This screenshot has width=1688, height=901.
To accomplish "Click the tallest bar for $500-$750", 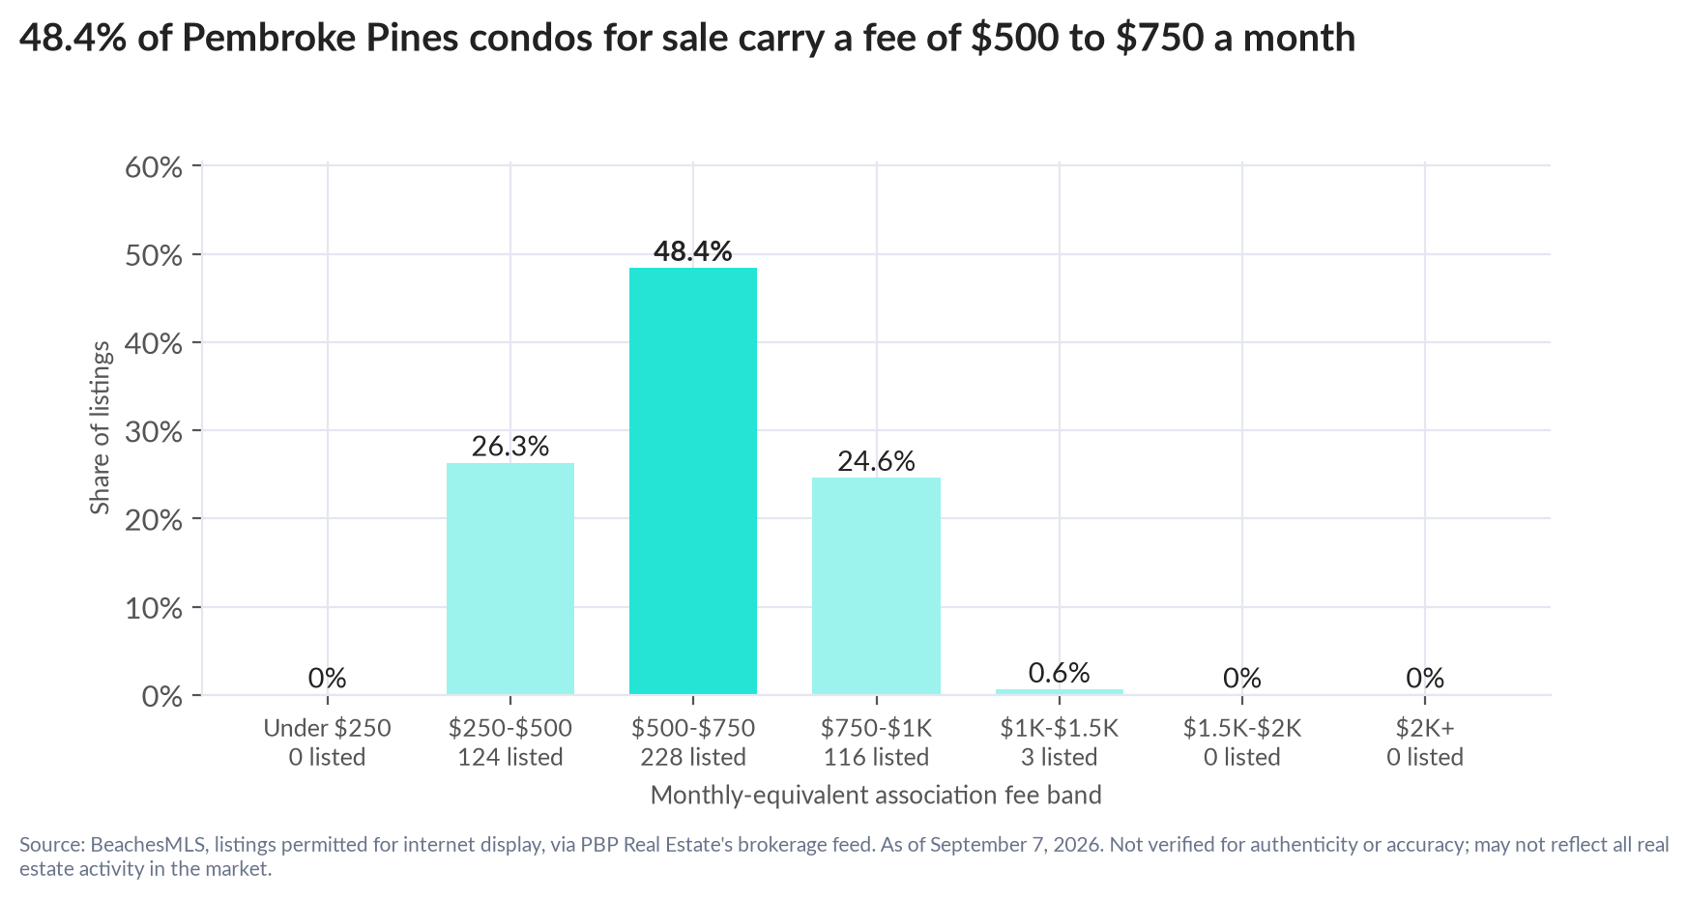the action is pyautogui.click(x=692, y=481).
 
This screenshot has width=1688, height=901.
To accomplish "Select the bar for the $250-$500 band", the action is pyautogui.click(x=510, y=579).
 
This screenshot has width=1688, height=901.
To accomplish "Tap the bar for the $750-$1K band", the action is pyautogui.click(x=876, y=586).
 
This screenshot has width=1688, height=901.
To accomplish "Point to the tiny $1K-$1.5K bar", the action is pyautogui.click(x=1060, y=692).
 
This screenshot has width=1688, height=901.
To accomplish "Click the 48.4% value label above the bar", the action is pyautogui.click(x=692, y=251).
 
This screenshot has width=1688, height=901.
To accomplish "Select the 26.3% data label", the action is pyautogui.click(x=510, y=446).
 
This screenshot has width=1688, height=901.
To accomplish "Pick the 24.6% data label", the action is pyautogui.click(x=876, y=461).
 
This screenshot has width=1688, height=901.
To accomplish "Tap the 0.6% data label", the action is pyautogui.click(x=1060, y=673).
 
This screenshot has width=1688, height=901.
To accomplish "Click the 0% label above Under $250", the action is pyautogui.click(x=328, y=678).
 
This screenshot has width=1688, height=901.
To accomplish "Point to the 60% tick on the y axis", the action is pyautogui.click(x=154, y=167).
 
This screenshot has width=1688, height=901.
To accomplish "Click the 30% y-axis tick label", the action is pyautogui.click(x=154, y=431).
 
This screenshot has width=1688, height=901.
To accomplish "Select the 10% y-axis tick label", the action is pyautogui.click(x=154, y=608).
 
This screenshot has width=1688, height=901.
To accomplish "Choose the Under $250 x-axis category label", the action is pyautogui.click(x=328, y=728).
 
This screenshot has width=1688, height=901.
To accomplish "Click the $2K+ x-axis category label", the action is pyautogui.click(x=1425, y=728).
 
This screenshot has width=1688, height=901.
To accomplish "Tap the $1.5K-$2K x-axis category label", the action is pyautogui.click(x=1242, y=728).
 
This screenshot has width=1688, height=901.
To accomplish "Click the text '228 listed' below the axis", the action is pyautogui.click(x=693, y=757).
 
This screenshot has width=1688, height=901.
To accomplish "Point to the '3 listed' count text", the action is pyautogui.click(x=1060, y=757).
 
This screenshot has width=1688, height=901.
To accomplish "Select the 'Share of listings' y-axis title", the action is pyautogui.click(x=101, y=429).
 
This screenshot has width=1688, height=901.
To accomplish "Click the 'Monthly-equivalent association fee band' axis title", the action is pyautogui.click(x=876, y=796).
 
